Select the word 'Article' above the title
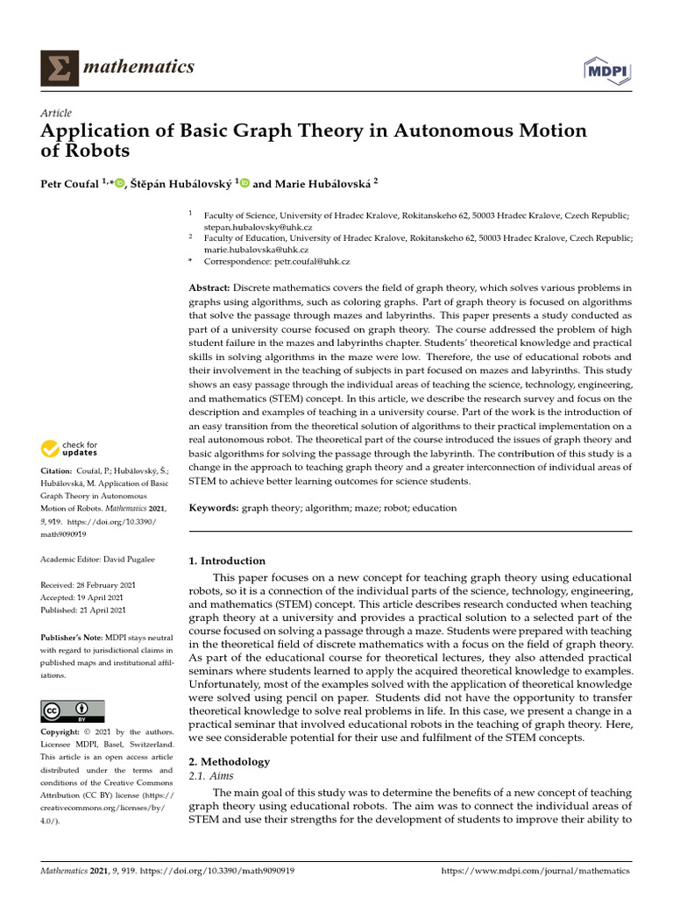coord(56,113)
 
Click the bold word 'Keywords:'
coord(214,508)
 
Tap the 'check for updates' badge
coord(69,449)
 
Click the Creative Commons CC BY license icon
coord(73,710)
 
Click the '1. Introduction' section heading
coord(227,561)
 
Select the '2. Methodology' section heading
coord(230,761)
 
